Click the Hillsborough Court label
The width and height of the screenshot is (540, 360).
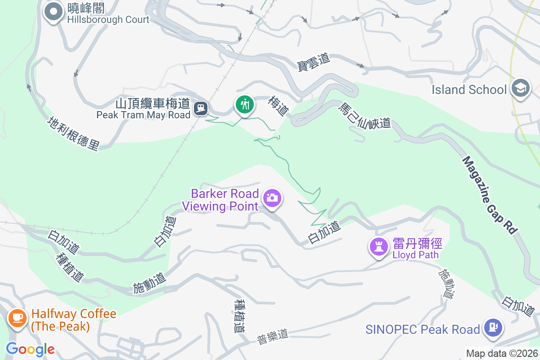(108, 19)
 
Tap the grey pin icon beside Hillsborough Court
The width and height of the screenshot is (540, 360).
(54, 12)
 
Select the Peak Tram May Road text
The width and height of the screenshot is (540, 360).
(144, 115)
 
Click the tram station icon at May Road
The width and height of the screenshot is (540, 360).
(201, 108)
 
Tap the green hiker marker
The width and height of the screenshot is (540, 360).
(244, 105)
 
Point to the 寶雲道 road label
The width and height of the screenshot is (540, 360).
(314, 62)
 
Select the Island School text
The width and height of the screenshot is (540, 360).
(469, 90)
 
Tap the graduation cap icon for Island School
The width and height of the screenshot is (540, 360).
(521, 87)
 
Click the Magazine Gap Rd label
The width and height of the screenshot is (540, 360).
(489, 194)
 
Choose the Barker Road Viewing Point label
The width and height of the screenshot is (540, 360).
(225, 200)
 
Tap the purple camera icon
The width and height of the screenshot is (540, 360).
(272, 198)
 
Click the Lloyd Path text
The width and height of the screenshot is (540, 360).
(415, 255)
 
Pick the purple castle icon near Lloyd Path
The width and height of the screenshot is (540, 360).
(378, 246)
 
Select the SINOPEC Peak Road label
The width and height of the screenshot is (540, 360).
(423, 329)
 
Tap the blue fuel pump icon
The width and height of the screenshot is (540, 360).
(493, 327)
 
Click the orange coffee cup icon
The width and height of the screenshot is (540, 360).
(18, 318)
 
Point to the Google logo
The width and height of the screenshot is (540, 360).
(30, 349)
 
